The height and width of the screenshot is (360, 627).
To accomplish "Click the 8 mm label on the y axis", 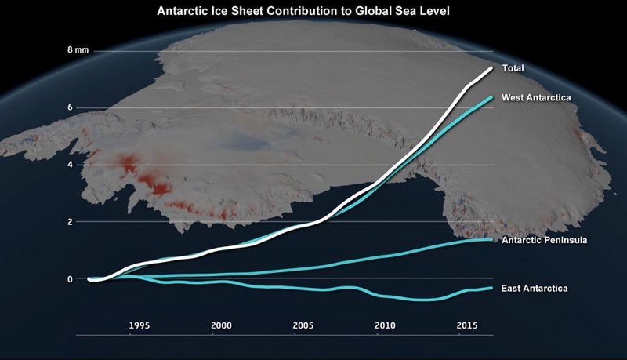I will pyautogui.click(x=78, y=49).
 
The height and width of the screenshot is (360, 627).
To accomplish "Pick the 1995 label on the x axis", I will pyautogui.click(x=140, y=325).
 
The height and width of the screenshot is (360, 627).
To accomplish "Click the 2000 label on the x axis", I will pyautogui.click(x=221, y=325).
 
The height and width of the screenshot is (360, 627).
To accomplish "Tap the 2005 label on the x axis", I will pyautogui.click(x=303, y=325).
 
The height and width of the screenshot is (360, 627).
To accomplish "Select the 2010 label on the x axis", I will pyautogui.click(x=385, y=325).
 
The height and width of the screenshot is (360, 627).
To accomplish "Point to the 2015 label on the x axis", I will pyautogui.click(x=466, y=325).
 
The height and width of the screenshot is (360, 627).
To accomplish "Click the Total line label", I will pyautogui.click(x=513, y=68).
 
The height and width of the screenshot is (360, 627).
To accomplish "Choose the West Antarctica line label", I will pyautogui.click(x=535, y=96).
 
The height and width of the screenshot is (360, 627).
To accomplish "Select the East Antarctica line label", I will pyautogui.click(x=534, y=289).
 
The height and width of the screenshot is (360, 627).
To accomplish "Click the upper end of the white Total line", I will pyautogui.click(x=491, y=69).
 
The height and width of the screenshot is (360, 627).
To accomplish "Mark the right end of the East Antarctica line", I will pyautogui.click(x=491, y=288).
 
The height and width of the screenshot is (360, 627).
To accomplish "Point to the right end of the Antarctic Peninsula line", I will pyautogui.click(x=491, y=239).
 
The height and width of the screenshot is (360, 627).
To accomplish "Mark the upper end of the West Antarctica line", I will pyautogui.click(x=491, y=97).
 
